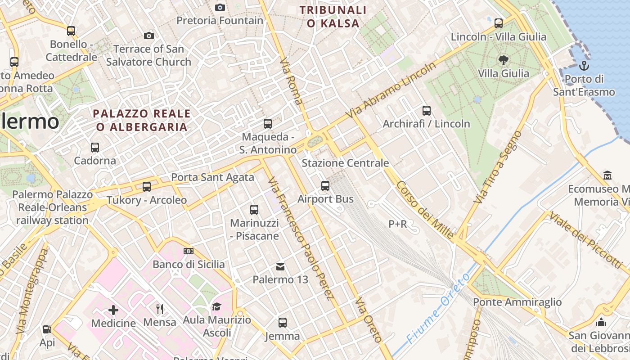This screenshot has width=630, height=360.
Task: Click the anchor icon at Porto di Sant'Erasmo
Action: tap(584, 66)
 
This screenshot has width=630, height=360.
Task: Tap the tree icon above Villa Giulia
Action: tap(503, 60)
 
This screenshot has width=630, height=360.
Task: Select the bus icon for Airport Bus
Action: tap(325, 185)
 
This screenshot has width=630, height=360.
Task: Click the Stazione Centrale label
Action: tap(345, 163)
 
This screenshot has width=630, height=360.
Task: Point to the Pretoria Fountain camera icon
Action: tap(220, 7)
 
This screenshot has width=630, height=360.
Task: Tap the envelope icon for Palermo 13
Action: tap(280, 267)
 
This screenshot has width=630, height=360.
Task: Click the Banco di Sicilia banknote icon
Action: tap(189, 251)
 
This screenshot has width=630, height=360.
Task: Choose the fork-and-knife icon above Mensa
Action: tap(160, 309)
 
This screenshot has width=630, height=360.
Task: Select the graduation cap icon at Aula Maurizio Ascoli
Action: tap(217, 307)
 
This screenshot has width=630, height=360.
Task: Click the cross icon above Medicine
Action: tap(113, 310)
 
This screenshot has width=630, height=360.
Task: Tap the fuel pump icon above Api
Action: tap(47, 329)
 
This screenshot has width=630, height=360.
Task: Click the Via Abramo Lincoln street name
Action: tap(392, 90)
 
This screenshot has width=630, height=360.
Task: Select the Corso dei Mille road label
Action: tap(425, 210)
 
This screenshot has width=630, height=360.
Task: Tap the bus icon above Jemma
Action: tap(283, 323)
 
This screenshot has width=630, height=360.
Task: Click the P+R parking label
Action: tap(397, 224)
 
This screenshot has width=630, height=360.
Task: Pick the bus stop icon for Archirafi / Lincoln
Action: tap(427, 110)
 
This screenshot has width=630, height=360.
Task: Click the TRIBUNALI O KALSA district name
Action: tap(333, 17)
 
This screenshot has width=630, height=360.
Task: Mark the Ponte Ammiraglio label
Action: tap(517, 302)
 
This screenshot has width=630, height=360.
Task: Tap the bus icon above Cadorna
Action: tap(95, 147)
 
